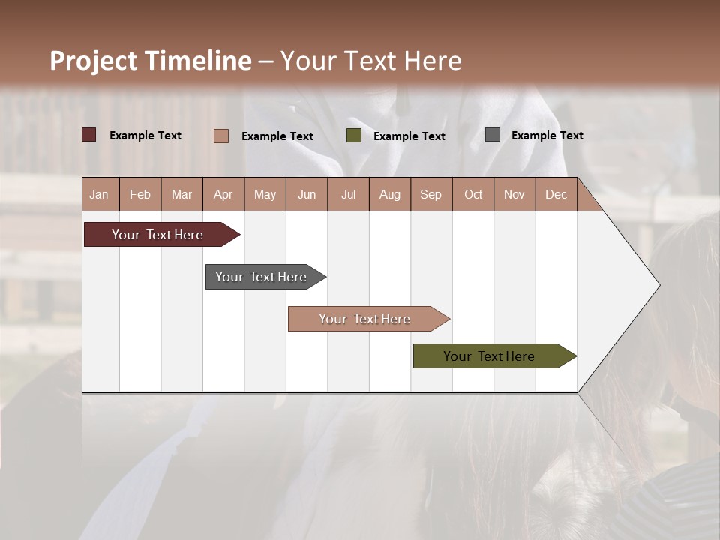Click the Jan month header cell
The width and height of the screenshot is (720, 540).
pyautogui.click(x=100, y=194)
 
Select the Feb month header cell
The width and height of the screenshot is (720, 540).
pyautogui.click(x=140, y=194)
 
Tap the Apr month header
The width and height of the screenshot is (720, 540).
pyautogui.click(x=223, y=194)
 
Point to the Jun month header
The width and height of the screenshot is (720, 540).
pyautogui.click(x=307, y=194)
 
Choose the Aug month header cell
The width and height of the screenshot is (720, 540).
pyautogui.click(x=390, y=194)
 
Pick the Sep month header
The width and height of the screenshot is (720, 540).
pyautogui.click(x=431, y=194)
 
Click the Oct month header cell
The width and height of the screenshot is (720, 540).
pyautogui.click(x=473, y=194)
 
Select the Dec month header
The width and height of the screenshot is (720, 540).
pyautogui.click(x=556, y=194)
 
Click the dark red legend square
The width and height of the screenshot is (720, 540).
pyautogui.click(x=88, y=135)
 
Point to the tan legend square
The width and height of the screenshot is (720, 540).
pyautogui.click(x=220, y=136)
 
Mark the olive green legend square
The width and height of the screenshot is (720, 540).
pyautogui.click(x=354, y=136)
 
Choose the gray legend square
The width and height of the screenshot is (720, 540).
pyautogui.click(x=493, y=135)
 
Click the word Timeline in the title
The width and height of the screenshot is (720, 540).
pyautogui.click(x=197, y=61)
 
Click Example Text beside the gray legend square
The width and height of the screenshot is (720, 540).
pyautogui.click(x=547, y=136)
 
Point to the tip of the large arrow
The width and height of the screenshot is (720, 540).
pyautogui.click(x=658, y=285)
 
